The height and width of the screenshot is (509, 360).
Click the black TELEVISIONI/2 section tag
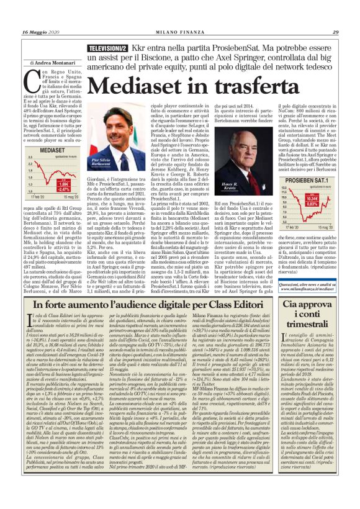point(108,48)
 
